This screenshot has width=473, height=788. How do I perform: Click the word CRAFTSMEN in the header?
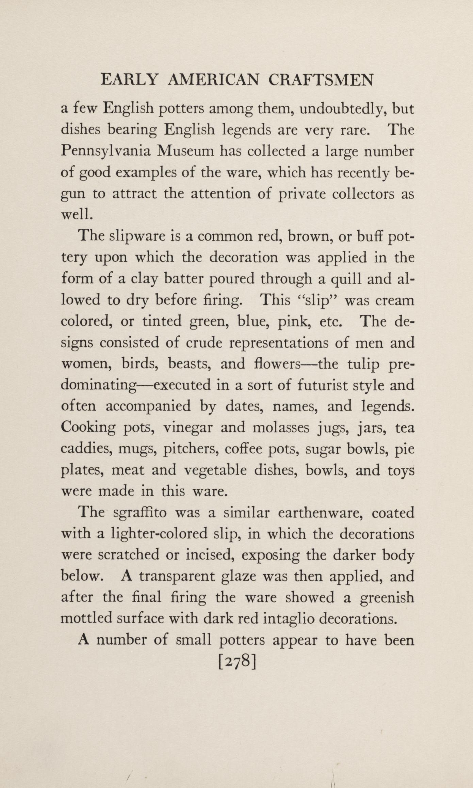pos(321,80)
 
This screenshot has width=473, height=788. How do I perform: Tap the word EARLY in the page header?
pos(129,80)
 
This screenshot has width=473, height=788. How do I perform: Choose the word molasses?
pos(281,428)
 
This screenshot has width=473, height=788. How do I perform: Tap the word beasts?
pos(190,364)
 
